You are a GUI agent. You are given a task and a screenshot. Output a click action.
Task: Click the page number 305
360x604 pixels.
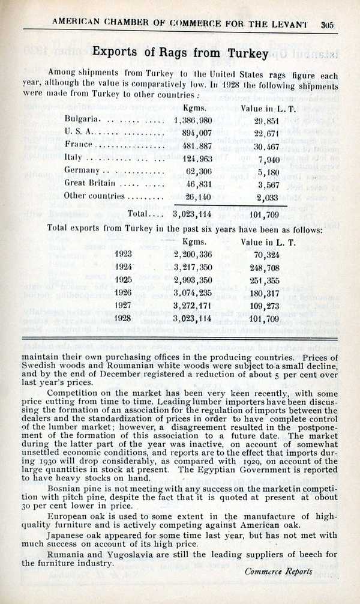327,25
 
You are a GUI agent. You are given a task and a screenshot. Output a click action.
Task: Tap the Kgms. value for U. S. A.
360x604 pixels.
193,132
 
